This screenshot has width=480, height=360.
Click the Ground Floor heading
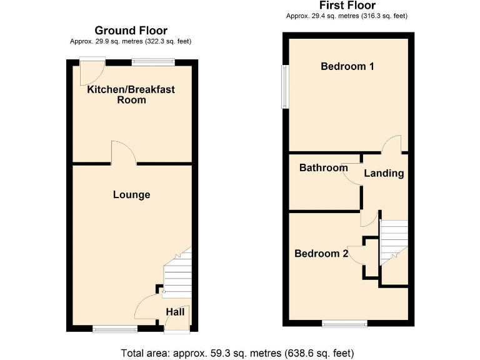pos(131,30)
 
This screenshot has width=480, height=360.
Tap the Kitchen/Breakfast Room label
pos(131,94)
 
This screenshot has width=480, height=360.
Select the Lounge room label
pos(131,195)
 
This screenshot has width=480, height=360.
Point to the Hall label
pos(174,311)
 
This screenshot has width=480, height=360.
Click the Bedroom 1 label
pos(347,66)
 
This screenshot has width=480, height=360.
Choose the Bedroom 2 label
pos(321,253)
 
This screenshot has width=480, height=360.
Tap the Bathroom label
pos(323,167)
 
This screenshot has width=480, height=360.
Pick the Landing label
pos(384,173)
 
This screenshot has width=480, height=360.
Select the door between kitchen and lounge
pos(122,153)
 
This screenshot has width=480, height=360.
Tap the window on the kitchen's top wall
pos(152,61)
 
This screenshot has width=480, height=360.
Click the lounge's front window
pos(115,329)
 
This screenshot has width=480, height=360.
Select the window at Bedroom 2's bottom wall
pos(344,322)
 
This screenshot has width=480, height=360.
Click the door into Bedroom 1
pos(391,144)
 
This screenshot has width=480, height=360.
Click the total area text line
pos(241,351)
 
